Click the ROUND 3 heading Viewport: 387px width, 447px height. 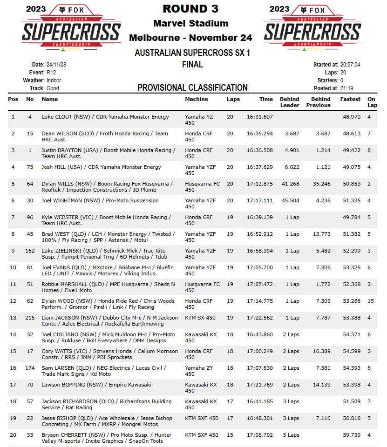pos(190,9)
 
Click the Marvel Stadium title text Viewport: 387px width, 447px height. pos(190,23)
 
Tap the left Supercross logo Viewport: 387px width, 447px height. pos(72,29)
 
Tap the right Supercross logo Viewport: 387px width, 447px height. pos(313,29)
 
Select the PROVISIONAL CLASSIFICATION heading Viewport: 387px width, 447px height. pos(192,87)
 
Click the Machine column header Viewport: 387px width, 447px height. pos(197,99)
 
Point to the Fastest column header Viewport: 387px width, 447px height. pos(350,99)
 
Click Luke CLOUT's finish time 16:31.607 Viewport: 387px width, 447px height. pos(260,117)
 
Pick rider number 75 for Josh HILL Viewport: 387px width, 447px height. pos(30,167)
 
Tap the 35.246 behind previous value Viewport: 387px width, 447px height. pos(321,184)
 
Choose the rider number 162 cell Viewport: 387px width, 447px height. pos(30,251)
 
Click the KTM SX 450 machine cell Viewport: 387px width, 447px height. pos(200,318)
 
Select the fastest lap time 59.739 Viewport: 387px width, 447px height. pos(352,435)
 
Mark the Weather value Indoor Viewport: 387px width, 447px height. pos(54,80)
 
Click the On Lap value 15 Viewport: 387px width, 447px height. pos(371,301)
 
